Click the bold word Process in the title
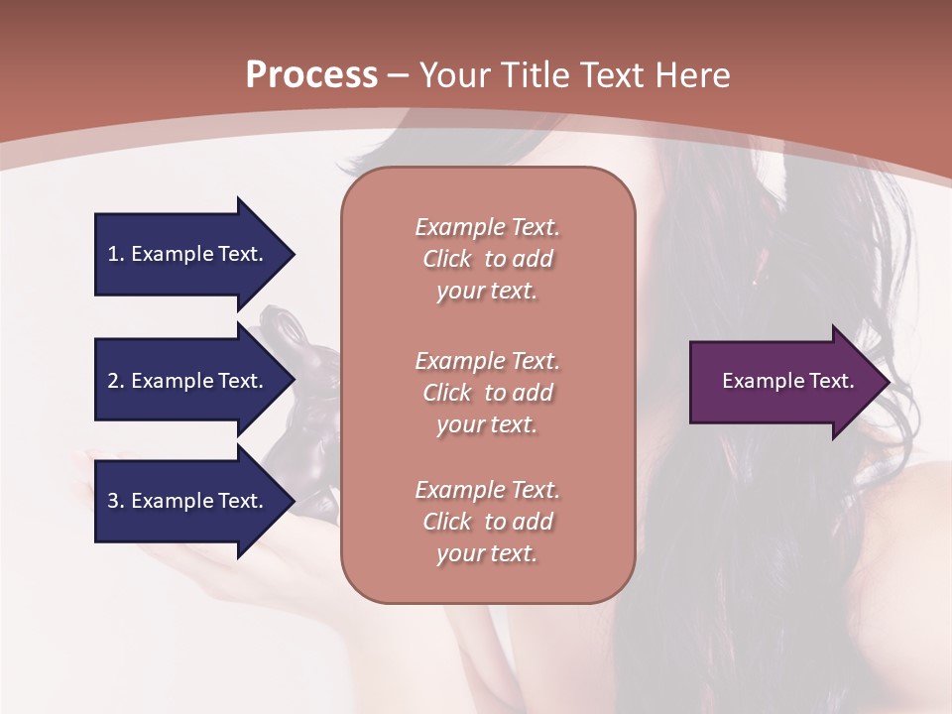point(311,75)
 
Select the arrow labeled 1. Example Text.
point(188,254)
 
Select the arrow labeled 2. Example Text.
point(188,381)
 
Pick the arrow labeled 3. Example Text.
point(188,501)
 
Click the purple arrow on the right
point(783,381)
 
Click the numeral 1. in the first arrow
point(115,254)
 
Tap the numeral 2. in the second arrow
point(115,381)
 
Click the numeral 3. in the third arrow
point(115,501)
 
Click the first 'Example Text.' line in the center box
point(487,227)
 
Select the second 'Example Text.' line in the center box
point(487,360)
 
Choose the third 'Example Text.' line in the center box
point(487,489)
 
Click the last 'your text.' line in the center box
point(487,553)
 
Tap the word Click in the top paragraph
point(447,259)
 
